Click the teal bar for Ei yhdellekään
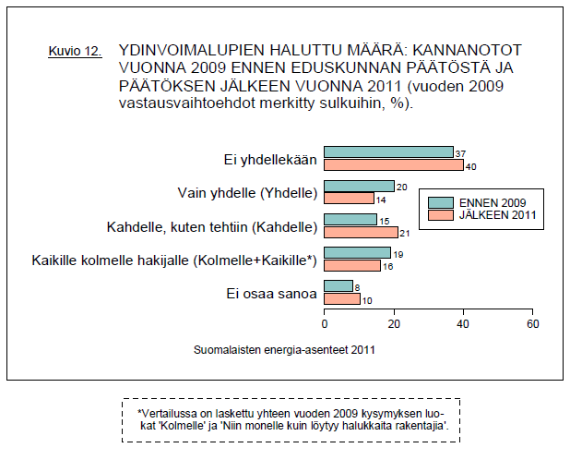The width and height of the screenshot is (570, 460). coord(388,152)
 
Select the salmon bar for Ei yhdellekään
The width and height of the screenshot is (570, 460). coord(394,165)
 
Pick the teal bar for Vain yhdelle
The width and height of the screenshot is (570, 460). coord(359,186)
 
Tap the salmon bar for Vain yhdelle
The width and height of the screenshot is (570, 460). coord(349,199)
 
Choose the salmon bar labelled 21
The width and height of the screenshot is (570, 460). coord(361,232)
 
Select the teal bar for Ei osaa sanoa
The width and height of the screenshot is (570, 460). coord(338,285)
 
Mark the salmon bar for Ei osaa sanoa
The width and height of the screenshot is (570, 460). coord(341,298)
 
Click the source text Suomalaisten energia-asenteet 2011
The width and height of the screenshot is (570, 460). coord(285,350)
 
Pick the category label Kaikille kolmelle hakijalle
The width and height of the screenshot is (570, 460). coord(175,260)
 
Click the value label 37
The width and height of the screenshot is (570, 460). coord(460,152)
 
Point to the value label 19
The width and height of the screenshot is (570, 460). coord(398,252)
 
